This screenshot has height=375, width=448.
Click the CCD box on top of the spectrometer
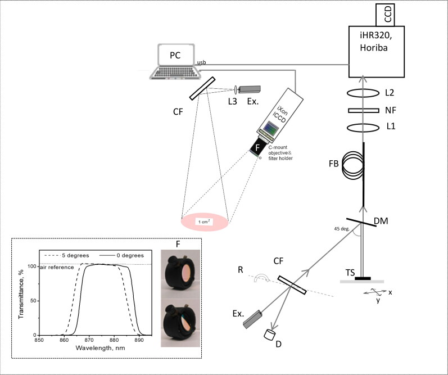[385, 15]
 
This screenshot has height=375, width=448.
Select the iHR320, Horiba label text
[374, 42]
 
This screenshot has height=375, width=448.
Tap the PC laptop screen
[176, 55]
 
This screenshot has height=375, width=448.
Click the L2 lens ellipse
[363, 93]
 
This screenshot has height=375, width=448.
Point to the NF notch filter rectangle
[359, 110]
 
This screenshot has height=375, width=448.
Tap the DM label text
[381, 220]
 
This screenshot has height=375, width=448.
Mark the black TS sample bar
[363, 278]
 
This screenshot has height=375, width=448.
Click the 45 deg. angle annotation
[341, 229]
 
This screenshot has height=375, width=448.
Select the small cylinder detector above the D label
[270, 335]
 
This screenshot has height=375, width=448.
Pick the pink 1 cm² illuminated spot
[205, 222]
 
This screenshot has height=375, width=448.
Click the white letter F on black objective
[257, 147]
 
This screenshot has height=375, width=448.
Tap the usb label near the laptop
[202, 62]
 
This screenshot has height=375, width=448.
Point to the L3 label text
[233, 101]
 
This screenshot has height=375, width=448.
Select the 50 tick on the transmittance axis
[33, 301]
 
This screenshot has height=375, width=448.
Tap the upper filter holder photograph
[180, 273]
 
